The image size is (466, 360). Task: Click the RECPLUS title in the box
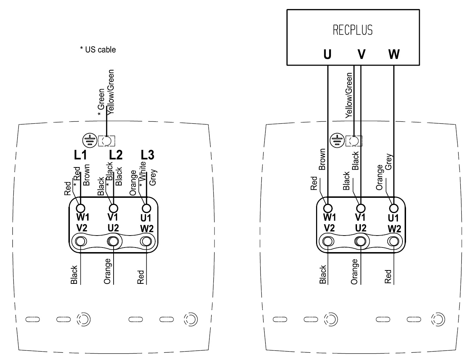352,30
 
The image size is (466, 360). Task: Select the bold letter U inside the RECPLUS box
327,54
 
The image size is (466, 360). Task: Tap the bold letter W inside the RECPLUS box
394,54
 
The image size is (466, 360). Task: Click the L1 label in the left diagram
80,155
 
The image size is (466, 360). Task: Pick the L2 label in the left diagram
115,155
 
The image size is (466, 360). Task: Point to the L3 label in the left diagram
147,155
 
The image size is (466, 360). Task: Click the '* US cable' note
98,50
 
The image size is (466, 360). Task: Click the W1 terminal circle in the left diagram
81,207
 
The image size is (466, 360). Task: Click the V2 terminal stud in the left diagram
81,242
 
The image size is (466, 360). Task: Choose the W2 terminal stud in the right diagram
393,242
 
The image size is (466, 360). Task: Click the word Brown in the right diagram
322,159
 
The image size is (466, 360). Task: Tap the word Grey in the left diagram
153,178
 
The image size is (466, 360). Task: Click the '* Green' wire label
101,102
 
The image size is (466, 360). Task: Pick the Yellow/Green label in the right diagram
349,95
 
